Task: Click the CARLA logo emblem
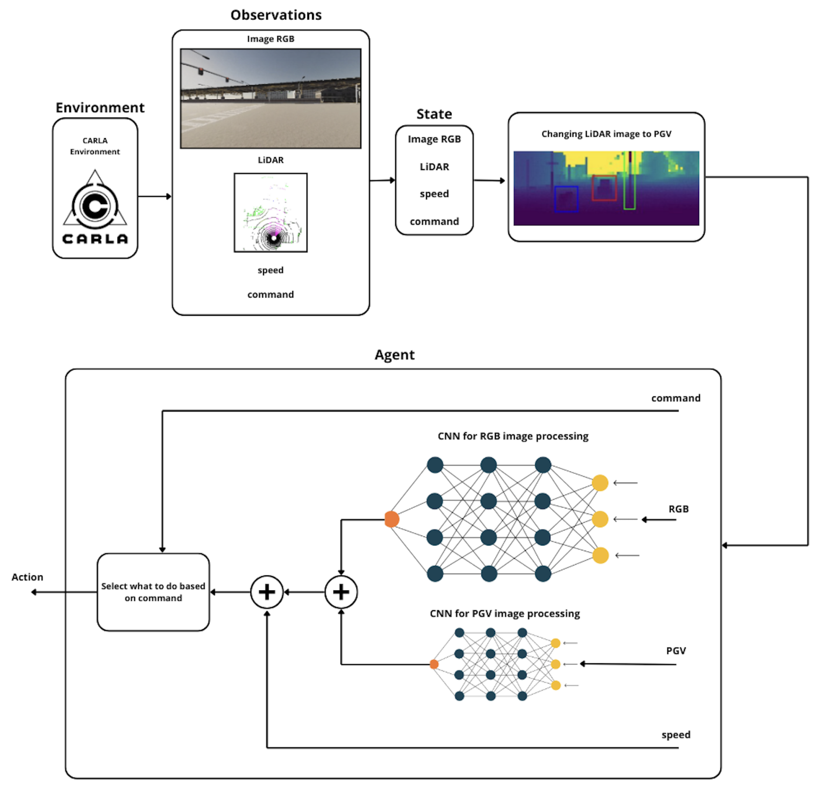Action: point(95,207)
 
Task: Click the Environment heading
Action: point(100,108)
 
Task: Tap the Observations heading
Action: point(276,15)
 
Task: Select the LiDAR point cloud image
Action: point(270,212)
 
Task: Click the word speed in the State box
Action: point(434,194)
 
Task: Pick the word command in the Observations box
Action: point(270,294)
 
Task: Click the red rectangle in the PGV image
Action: point(604,188)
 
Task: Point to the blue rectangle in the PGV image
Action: point(566,199)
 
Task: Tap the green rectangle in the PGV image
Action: point(629,181)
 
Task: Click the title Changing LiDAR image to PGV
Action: point(606,134)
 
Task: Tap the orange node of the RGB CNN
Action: point(391,519)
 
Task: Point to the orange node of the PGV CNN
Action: point(434,664)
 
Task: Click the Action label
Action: point(27,577)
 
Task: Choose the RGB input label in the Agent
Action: point(678,509)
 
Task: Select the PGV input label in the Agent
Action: point(676,651)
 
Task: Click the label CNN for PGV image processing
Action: point(505,613)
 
